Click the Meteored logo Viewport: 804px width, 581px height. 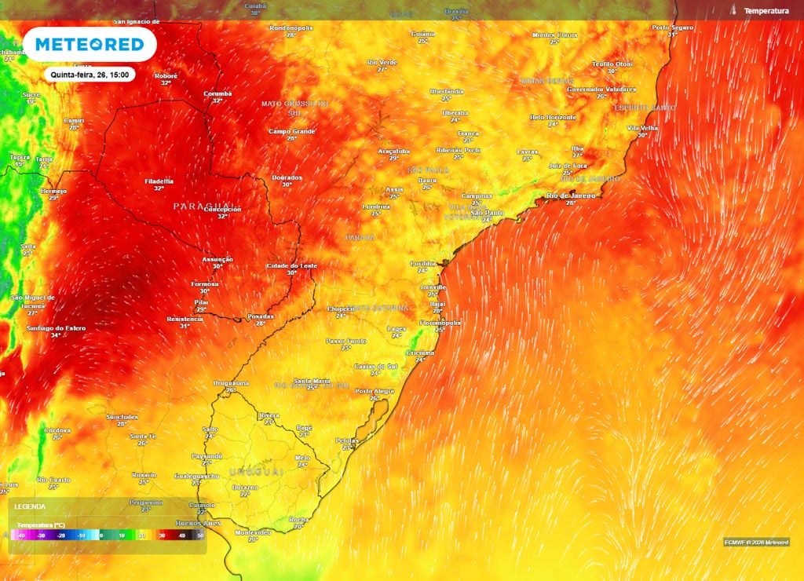pyautogui.click(x=90, y=45)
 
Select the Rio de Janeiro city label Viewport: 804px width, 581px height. pyautogui.click(x=571, y=195)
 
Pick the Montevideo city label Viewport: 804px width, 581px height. pyautogui.click(x=253, y=532)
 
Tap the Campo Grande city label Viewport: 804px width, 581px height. pyautogui.click(x=291, y=131)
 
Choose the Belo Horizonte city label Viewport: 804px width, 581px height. pyautogui.click(x=553, y=117)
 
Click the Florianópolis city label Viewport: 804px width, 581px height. pyautogui.click(x=440, y=322)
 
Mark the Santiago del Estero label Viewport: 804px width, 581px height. pyautogui.click(x=56, y=327)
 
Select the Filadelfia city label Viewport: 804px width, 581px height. pyautogui.click(x=159, y=181)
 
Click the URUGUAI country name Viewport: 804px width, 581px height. pyautogui.click(x=256, y=471)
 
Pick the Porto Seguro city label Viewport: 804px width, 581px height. pyautogui.click(x=673, y=27)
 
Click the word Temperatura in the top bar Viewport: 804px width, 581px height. pyautogui.click(x=766, y=11)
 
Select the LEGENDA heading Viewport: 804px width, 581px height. pyautogui.click(x=30, y=507)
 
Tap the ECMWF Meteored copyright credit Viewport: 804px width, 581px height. pyautogui.click(x=756, y=542)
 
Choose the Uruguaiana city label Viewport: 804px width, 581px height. pyautogui.click(x=231, y=382)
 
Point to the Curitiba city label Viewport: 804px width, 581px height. pyautogui.click(x=423, y=263)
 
